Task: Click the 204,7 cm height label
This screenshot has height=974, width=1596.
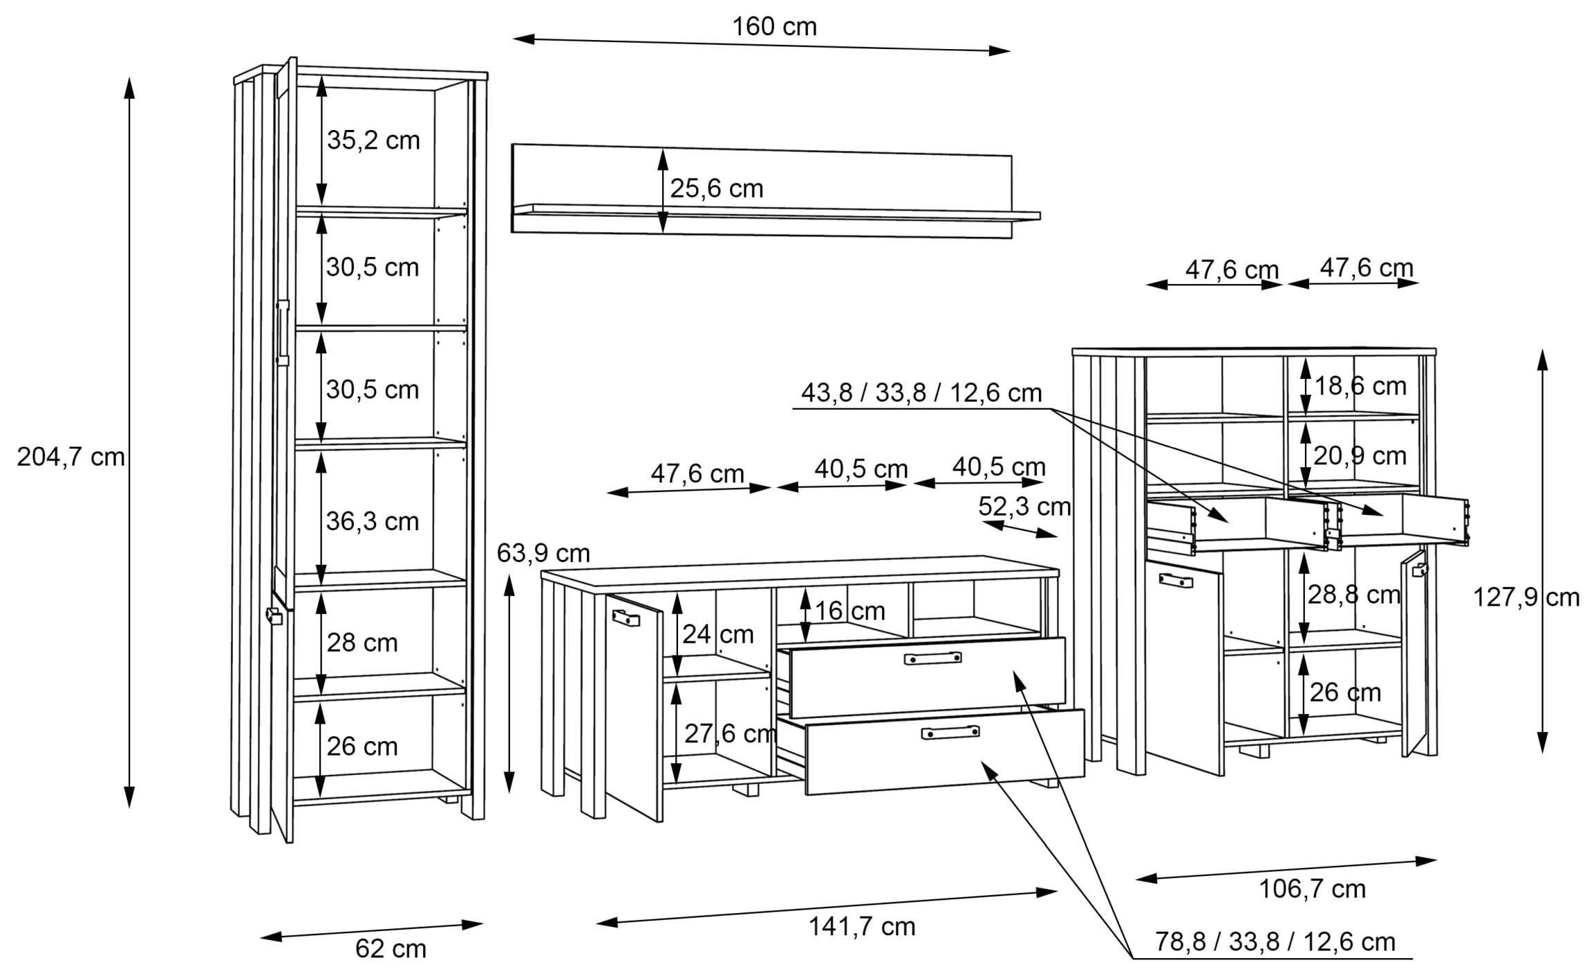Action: [71, 458]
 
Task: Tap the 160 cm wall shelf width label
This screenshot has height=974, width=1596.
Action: [774, 27]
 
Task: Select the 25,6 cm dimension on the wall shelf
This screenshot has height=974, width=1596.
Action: [717, 189]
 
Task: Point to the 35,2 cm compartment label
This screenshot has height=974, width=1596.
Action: [373, 140]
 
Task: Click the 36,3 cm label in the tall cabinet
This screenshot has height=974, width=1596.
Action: [373, 521]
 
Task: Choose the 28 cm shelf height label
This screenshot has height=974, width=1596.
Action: [362, 644]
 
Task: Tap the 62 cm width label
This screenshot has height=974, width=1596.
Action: [391, 949]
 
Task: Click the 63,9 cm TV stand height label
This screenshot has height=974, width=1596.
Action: [543, 553]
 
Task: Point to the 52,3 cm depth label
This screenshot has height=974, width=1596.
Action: [1024, 507]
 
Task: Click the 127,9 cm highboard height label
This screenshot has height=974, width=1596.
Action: [1526, 597]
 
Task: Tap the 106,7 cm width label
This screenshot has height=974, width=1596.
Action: [1312, 889]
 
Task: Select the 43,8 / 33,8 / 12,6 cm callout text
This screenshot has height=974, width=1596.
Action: [921, 393]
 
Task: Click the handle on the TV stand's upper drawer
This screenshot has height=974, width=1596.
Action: [932, 658]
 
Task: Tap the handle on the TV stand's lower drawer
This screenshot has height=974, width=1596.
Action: [950, 732]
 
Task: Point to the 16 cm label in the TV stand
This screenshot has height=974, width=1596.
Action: [849, 611]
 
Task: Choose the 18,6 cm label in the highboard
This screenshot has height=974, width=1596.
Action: [1360, 386]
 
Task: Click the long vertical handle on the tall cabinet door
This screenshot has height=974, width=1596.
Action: [282, 332]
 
